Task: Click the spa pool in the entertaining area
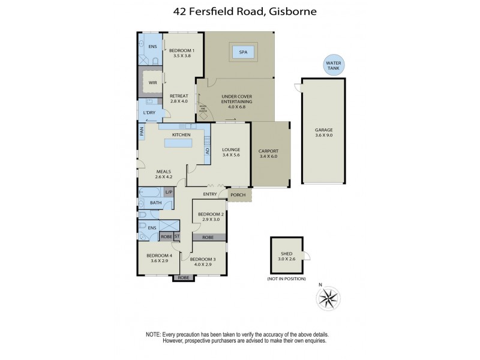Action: coord(244,52)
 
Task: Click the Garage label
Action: coord(323,130)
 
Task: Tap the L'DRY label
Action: coord(149,113)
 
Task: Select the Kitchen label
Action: coord(181,135)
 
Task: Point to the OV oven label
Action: coord(208,151)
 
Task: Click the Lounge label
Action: coord(231,149)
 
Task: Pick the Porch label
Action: coord(238,194)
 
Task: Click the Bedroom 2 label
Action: coord(211,214)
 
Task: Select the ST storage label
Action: coord(177,237)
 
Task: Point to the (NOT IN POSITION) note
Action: coord(286,279)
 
